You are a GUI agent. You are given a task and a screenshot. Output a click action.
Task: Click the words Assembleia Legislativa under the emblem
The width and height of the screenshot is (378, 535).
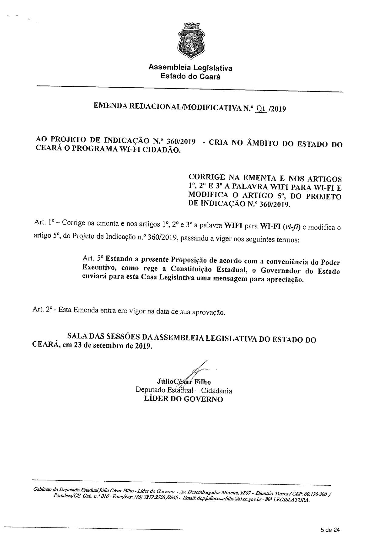(x=190, y=68)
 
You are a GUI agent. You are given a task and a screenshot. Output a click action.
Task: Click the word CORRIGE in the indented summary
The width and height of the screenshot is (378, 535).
(x=207, y=178)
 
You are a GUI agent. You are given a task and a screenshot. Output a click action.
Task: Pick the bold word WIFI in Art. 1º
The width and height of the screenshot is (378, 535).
(x=233, y=226)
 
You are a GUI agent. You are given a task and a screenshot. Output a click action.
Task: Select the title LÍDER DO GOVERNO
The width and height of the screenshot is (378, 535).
(x=183, y=399)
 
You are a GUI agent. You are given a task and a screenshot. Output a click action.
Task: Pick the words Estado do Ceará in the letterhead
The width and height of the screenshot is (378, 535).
(x=190, y=76)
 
